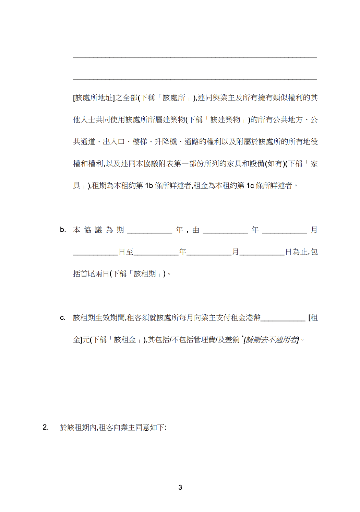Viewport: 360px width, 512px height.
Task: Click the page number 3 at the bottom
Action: tap(180, 487)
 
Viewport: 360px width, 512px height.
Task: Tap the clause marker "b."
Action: tap(63, 230)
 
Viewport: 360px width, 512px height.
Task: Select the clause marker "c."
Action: tap(62, 318)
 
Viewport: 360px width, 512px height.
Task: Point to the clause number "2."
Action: tap(46, 427)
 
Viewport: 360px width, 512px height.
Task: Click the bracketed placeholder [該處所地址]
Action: tap(94, 98)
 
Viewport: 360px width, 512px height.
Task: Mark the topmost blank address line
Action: tap(195, 57)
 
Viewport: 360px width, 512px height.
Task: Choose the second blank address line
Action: tap(195, 79)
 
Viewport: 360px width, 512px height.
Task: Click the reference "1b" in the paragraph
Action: tap(149, 186)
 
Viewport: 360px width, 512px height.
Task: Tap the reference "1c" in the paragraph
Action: tap(250, 186)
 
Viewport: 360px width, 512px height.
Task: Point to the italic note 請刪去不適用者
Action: tap(272, 340)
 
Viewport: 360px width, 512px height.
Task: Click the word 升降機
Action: tap(166, 142)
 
